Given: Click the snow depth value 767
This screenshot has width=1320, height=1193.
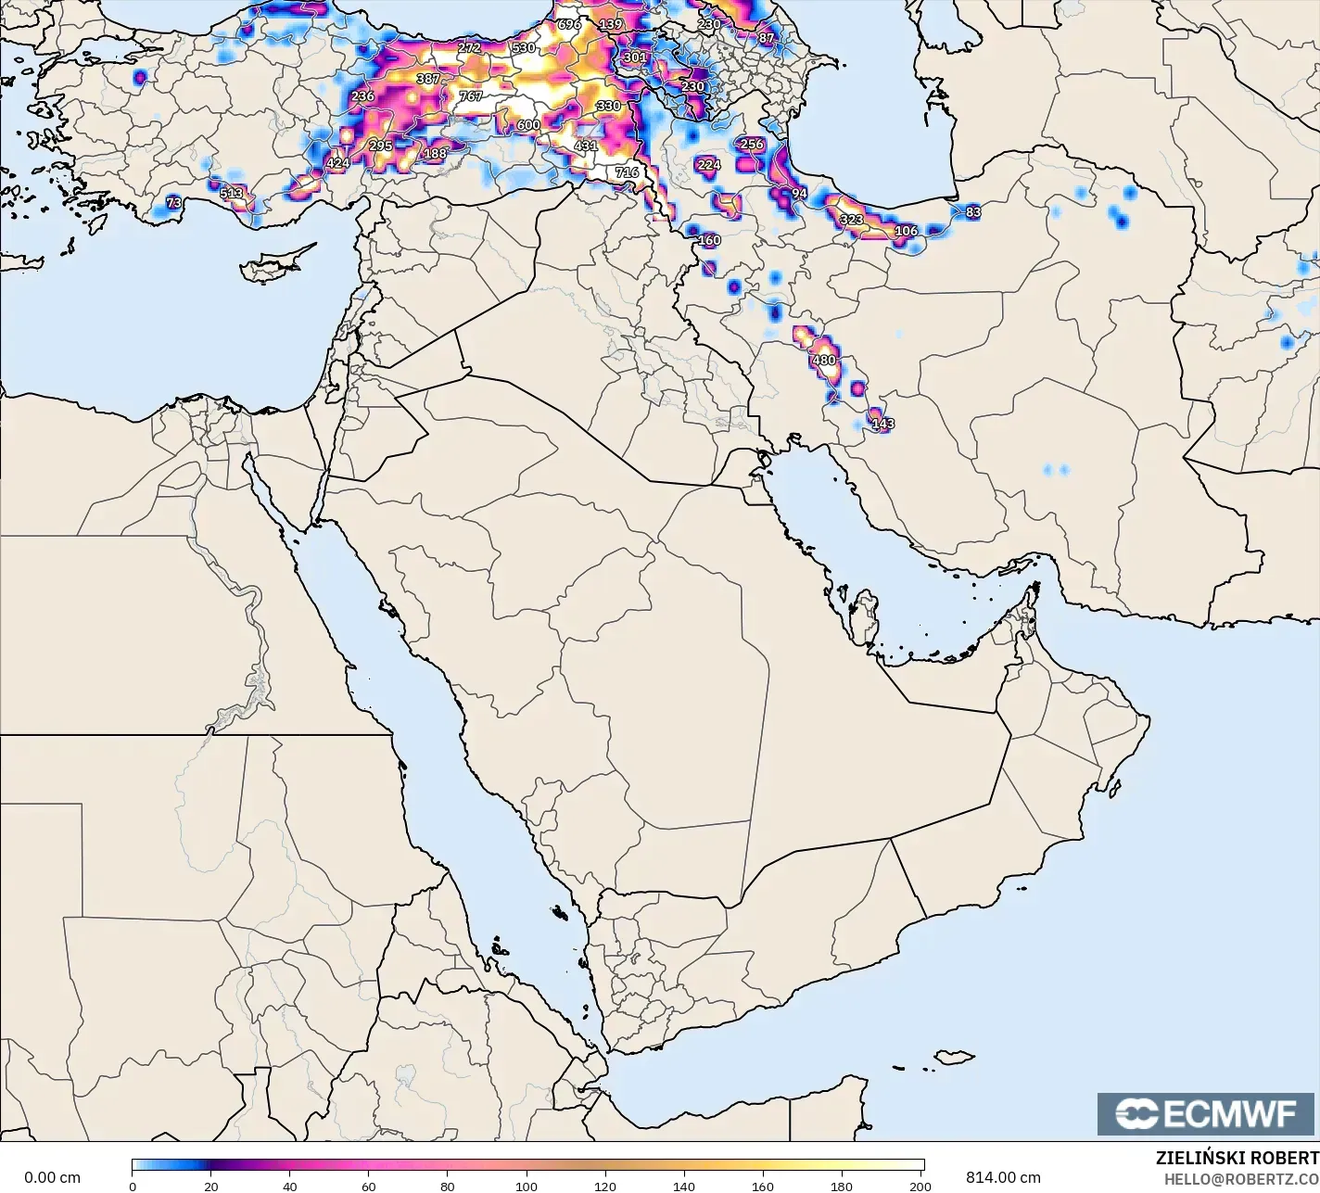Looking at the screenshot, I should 471,95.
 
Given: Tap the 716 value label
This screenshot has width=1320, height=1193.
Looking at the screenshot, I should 627,171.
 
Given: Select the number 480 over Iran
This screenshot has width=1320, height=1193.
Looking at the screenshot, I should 823,360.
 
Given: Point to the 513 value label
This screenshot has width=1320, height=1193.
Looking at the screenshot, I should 231,194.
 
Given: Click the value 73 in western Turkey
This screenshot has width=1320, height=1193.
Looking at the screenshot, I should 173,202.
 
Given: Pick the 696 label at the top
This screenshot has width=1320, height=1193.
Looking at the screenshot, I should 569,24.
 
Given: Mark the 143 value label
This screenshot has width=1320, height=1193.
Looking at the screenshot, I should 882,424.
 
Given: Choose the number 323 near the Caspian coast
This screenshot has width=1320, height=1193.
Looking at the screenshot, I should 851,220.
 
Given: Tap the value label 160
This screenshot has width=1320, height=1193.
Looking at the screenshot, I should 709,240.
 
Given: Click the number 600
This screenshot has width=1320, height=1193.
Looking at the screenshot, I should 528,125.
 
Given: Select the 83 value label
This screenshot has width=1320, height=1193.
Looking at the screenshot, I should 972,211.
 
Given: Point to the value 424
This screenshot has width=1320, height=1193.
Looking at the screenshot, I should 338,163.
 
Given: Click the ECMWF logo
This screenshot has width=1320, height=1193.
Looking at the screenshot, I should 1206,1113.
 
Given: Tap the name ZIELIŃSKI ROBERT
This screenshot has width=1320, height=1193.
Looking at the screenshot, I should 1237,1158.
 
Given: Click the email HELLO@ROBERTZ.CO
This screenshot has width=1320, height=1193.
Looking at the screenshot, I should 1241,1178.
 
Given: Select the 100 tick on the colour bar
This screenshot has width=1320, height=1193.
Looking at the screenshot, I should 527,1186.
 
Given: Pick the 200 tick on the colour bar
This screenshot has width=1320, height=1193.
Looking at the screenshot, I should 920,1186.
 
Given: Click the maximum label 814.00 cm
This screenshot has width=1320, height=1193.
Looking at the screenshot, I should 1003,1177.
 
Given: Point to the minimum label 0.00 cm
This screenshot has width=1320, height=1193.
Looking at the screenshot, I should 52,1177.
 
